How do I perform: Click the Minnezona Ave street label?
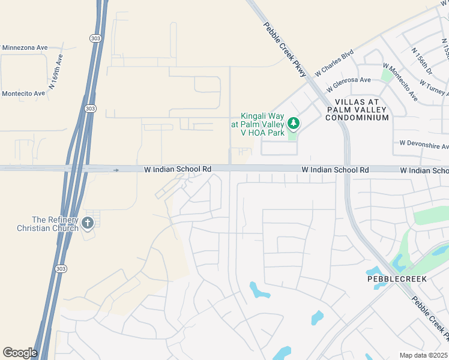25,47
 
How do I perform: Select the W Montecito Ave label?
400,82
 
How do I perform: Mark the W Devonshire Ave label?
424,146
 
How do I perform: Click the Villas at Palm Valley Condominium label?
357,110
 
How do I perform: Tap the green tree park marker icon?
293,124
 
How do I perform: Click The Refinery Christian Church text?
47,224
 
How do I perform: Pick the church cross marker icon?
88,224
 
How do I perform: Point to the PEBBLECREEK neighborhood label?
389,280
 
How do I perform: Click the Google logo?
20,353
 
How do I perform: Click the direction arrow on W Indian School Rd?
116,170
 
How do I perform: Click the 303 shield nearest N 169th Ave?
89,109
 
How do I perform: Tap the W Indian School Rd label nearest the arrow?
178,170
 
